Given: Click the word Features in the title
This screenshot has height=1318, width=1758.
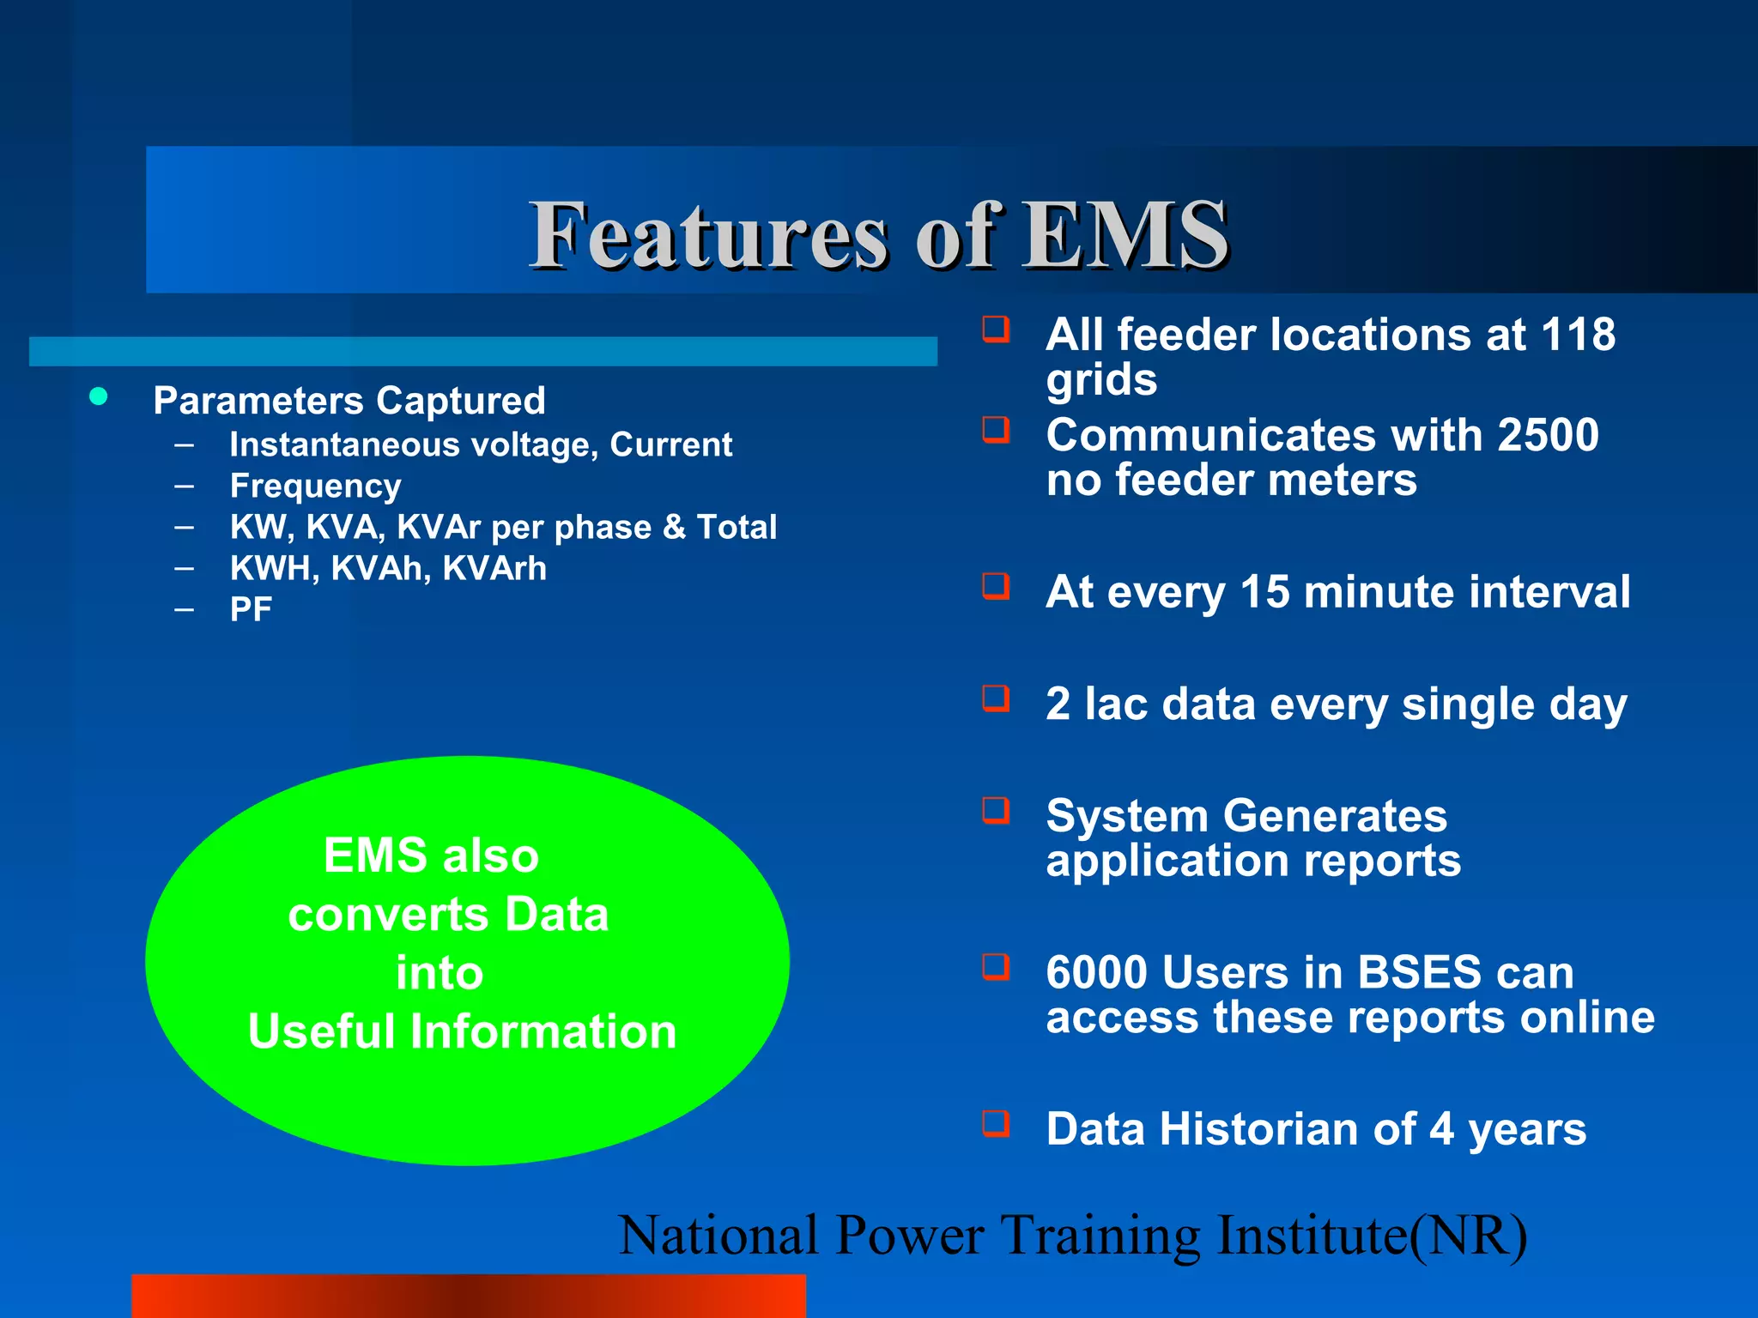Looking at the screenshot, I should [708, 234].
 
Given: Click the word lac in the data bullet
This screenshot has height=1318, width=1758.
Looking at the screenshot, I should [1116, 704].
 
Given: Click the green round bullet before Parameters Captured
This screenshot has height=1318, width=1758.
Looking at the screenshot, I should [99, 396].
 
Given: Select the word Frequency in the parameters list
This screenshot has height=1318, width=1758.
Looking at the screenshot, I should [315, 487].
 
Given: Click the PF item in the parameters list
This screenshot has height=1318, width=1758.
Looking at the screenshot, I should [251, 609].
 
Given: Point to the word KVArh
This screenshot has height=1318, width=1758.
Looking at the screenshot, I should [494, 568].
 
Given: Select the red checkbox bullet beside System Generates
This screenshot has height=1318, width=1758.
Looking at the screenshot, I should [996, 810].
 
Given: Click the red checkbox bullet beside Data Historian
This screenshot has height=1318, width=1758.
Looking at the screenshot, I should [996, 1123].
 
